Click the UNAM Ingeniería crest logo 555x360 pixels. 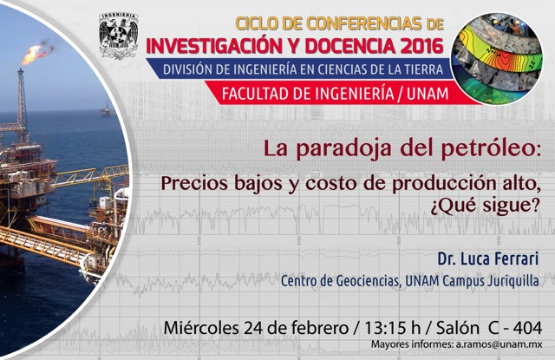tap(118, 36)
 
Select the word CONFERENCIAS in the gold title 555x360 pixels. tap(364, 23)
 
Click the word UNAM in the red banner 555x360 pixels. tap(428, 94)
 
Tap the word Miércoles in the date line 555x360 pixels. tap(201, 328)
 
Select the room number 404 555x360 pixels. tap(527, 328)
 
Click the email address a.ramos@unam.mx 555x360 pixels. tap(498, 344)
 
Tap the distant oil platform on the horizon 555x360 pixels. tap(106, 109)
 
